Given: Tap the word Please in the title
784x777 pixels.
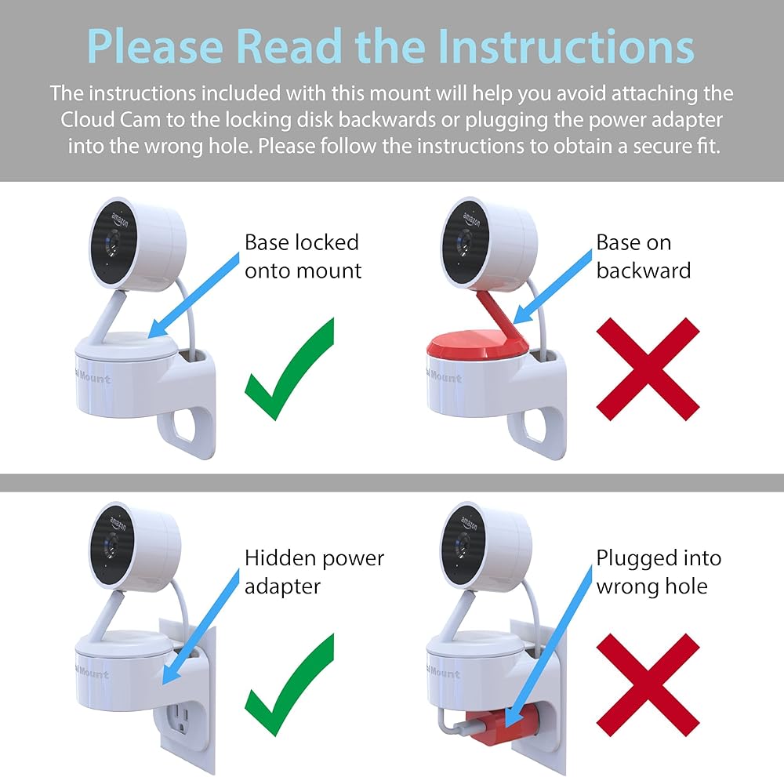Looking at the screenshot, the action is (x=155, y=46).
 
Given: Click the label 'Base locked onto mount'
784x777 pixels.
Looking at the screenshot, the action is (x=303, y=256).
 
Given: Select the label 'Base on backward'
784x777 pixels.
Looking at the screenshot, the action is (x=644, y=256).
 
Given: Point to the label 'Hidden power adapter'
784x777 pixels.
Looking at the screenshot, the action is (x=314, y=572).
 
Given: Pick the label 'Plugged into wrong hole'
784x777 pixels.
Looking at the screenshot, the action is (x=659, y=572).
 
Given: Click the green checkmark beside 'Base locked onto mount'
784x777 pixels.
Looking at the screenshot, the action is (x=289, y=369).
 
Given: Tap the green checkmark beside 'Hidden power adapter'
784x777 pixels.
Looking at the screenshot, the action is (x=289, y=685).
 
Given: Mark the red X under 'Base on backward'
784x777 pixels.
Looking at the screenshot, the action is (x=648, y=369).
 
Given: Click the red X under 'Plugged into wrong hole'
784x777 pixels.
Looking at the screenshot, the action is (x=648, y=685).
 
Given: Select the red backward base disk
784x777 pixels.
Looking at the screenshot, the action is (x=477, y=345).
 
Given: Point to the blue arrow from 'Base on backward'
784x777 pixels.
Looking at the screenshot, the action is (x=553, y=287).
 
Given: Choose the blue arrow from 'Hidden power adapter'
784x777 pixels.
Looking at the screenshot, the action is (x=201, y=627).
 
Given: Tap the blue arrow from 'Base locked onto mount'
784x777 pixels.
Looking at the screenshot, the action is (x=194, y=294).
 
